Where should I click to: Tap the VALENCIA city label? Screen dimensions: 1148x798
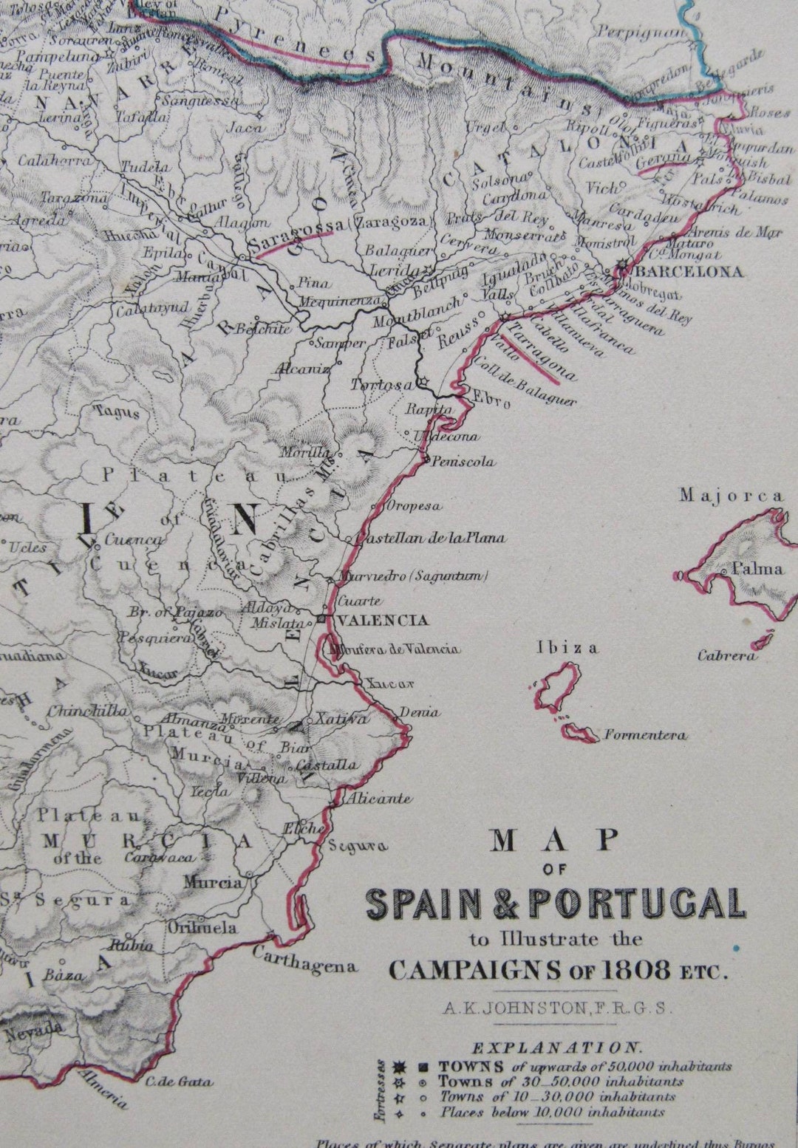tap(381, 620)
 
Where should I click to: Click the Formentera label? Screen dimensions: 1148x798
tap(645, 735)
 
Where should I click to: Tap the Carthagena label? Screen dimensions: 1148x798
tap(304, 959)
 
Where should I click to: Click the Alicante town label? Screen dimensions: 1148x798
tap(380, 799)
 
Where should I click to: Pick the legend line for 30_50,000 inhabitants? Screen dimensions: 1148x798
tap(561, 1082)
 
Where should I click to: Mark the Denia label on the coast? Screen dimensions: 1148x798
tap(420, 712)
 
